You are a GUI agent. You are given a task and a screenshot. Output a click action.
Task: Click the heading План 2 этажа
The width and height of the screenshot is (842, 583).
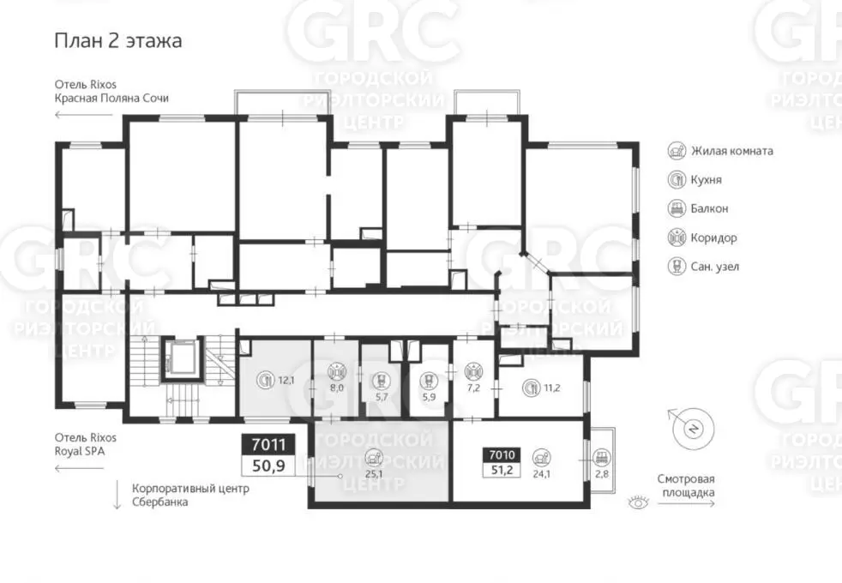[118, 41]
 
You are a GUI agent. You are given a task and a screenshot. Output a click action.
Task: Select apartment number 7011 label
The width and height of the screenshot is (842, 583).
[268, 444]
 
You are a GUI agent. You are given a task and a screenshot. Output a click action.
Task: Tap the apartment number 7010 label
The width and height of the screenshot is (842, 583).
[502, 455]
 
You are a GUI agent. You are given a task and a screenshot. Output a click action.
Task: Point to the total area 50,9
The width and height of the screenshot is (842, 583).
[268, 466]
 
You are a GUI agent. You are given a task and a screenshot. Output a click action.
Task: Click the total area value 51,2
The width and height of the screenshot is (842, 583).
[502, 471]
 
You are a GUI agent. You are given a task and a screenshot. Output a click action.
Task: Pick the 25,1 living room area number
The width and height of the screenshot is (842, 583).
[374, 474]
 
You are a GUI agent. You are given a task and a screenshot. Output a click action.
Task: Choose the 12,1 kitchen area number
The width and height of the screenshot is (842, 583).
[286, 381]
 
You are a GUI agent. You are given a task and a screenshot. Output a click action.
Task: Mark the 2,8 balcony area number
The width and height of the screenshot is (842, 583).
[602, 474]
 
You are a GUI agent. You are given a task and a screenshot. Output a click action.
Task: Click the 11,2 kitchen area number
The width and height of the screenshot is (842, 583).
[551, 388]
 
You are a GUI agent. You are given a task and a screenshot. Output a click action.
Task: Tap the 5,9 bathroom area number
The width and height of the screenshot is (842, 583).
[428, 397]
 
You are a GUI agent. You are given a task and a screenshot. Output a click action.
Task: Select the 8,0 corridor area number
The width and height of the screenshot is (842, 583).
[337, 388]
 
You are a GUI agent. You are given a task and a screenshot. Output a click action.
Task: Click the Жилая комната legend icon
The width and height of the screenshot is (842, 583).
[677, 151]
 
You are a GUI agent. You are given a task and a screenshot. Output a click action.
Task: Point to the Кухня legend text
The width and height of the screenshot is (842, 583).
[707, 180]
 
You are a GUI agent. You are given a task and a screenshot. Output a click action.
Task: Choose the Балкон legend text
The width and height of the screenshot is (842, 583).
[709, 208]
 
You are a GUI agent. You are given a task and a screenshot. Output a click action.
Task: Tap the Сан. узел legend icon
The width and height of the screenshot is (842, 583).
[677, 267]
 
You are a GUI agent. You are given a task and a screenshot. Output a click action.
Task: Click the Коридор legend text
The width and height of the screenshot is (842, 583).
[713, 237]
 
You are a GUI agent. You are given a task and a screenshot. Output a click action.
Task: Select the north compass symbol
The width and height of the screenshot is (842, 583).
[694, 429]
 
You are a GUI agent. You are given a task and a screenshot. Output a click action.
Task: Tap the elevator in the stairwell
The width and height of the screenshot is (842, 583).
[183, 358]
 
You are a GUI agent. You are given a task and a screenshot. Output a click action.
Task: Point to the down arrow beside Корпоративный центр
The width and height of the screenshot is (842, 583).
[117, 496]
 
